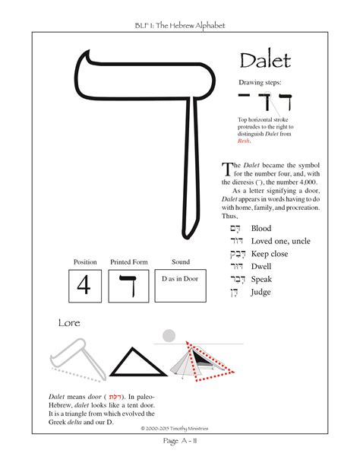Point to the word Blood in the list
click(x=261, y=227)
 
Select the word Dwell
click(x=261, y=267)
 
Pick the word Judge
click(x=261, y=293)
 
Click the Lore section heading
click(x=69, y=323)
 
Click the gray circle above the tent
click(x=170, y=335)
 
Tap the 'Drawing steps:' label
click(x=261, y=81)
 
